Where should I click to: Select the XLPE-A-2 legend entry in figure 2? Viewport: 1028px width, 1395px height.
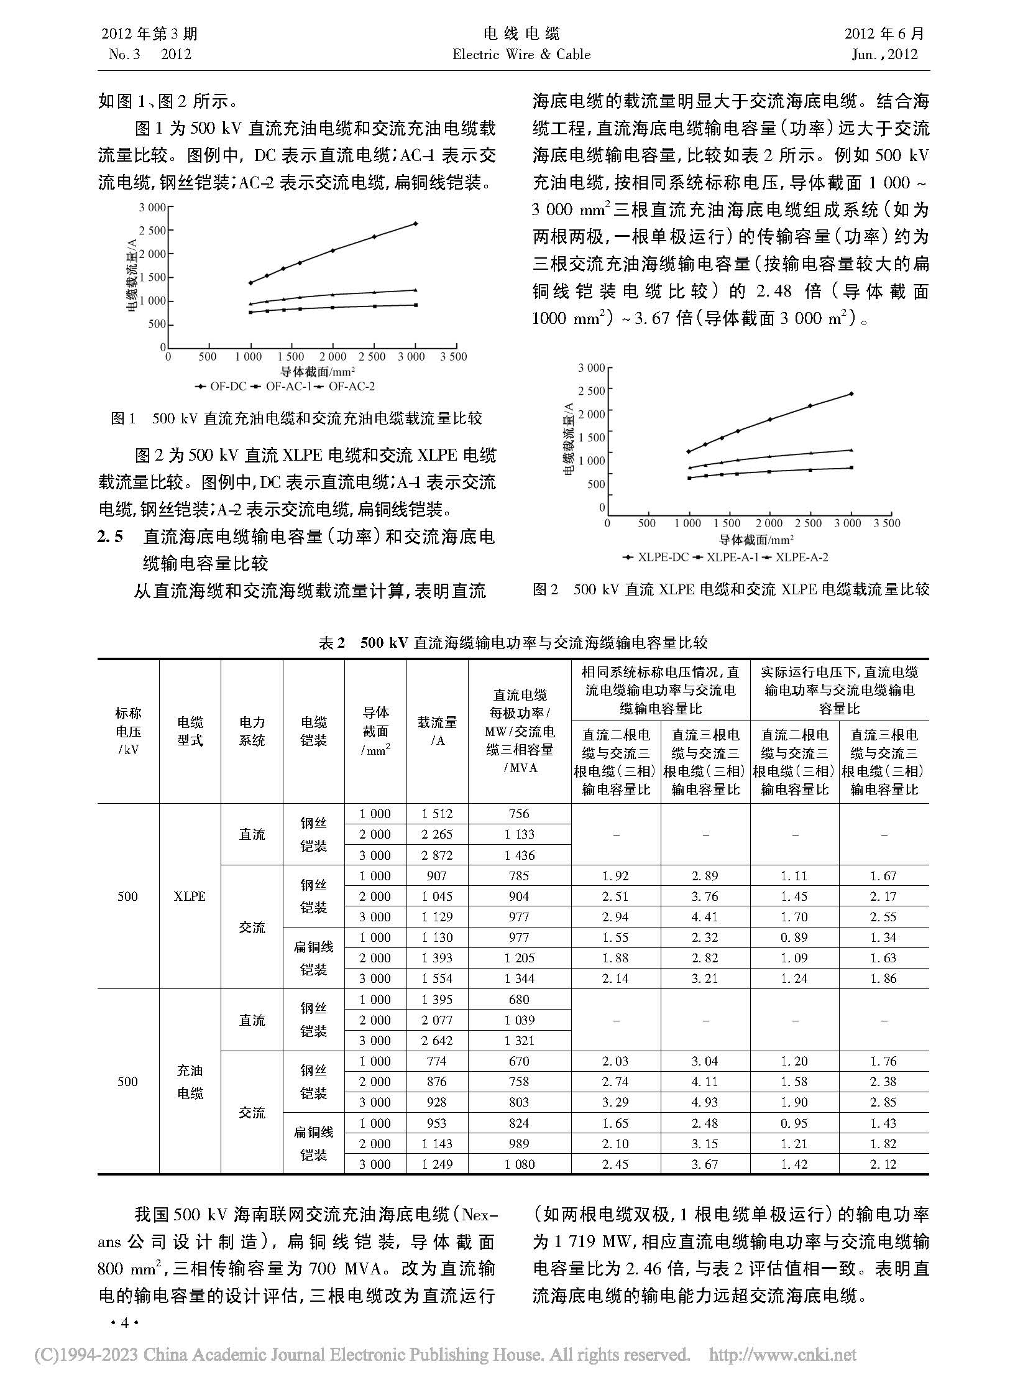797,557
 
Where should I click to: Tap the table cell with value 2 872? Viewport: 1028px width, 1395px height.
437,855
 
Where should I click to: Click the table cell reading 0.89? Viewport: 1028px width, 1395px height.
794,937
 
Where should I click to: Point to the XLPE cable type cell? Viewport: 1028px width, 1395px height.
190,896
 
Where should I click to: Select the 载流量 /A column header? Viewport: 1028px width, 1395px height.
437,731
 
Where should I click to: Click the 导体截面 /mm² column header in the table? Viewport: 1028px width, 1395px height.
375,731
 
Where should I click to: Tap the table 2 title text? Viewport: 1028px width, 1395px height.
513,642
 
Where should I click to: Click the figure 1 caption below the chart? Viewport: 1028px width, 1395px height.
296,418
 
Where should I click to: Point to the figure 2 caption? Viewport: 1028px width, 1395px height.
730,589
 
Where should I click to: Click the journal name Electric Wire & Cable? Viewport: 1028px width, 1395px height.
521,55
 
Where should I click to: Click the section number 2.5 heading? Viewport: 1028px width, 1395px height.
111,536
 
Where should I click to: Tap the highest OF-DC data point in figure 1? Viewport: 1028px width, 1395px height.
415,223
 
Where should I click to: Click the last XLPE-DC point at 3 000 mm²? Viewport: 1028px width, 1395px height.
851,394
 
